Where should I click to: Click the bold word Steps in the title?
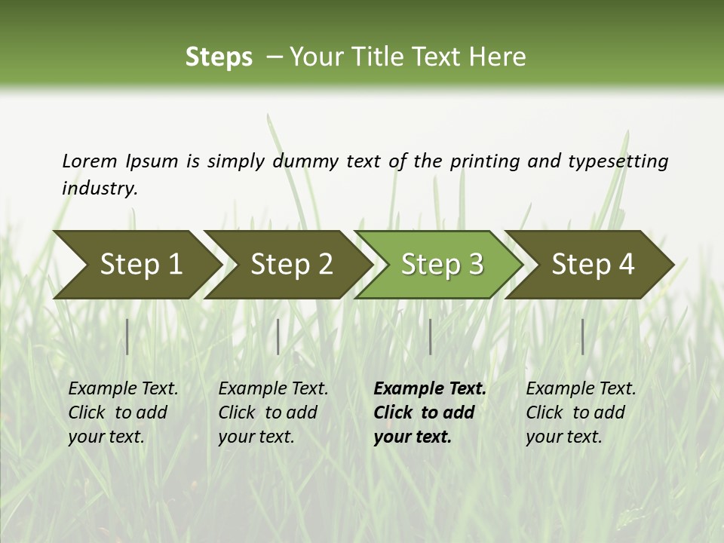coord(219,57)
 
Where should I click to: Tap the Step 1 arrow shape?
coord(136,265)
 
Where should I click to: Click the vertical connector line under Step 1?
coord(127,336)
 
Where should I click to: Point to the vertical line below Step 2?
coord(278,336)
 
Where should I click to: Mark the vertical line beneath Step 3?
coord(431,336)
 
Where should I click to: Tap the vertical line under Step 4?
coord(583,336)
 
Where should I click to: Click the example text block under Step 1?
coord(123,413)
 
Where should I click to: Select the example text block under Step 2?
coord(273,413)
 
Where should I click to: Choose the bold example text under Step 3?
coord(430,413)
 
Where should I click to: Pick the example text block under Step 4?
coord(581,413)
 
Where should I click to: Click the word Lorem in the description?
coord(90,161)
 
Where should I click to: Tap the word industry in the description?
coord(100,188)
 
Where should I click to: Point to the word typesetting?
coord(618,161)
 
